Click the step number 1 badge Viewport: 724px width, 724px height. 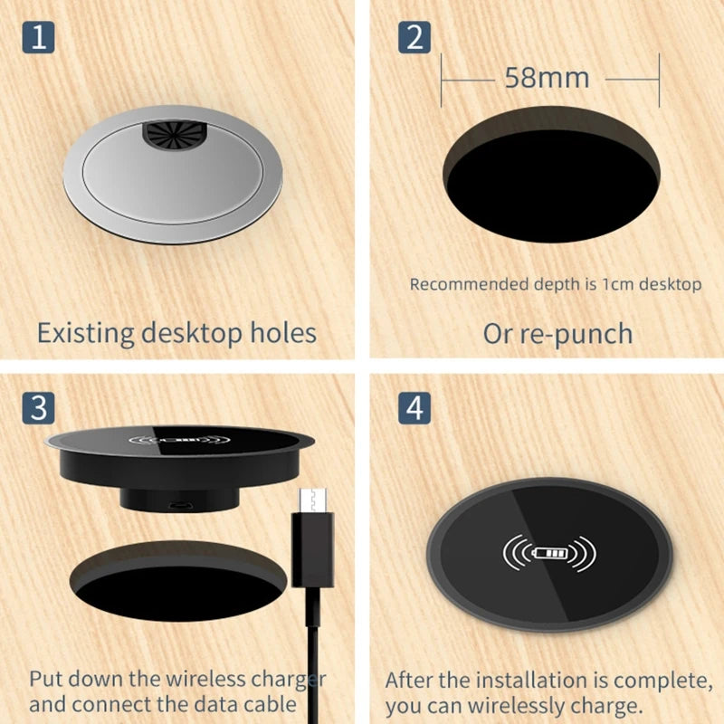click(37, 39)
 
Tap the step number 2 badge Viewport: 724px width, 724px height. click(414, 39)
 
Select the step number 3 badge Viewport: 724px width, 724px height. click(37, 407)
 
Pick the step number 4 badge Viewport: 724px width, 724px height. click(414, 407)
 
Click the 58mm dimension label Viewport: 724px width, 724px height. click(547, 78)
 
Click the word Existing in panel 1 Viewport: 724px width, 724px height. click(85, 332)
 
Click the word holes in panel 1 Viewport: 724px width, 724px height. click(281, 332)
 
